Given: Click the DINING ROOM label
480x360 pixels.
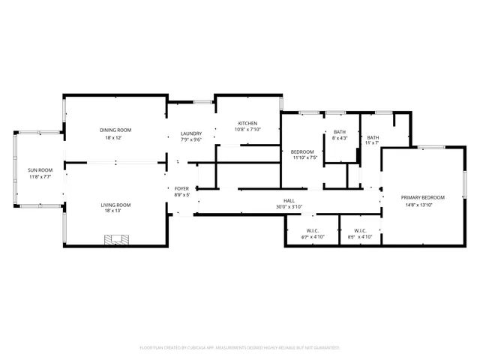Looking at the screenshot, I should point(115,130).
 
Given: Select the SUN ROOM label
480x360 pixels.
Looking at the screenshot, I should point(39,170).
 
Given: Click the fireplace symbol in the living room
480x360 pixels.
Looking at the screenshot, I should point(115,240).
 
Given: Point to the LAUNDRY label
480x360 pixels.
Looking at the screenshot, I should point(190,133).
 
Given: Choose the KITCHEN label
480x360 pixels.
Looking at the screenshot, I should point(247,123).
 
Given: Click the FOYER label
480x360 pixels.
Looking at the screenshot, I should point(181,189).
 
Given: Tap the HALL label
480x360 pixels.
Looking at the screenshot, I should point(288,201).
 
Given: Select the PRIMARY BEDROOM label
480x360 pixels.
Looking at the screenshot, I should point(422,197).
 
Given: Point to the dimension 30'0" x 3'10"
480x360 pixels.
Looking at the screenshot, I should point(288,207).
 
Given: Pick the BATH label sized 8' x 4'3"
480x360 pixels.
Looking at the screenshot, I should point(340,132).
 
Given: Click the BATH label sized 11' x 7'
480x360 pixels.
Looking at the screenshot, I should point(373,137).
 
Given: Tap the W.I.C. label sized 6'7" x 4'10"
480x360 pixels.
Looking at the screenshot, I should point(313,230).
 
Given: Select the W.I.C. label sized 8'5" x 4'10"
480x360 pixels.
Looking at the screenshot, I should point(359,230).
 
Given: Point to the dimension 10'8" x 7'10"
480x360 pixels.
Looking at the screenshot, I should point(247,130).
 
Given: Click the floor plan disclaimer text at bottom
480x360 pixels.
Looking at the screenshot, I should point(240,348).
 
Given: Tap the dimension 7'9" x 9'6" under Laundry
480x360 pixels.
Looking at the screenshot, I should point(190,140).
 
